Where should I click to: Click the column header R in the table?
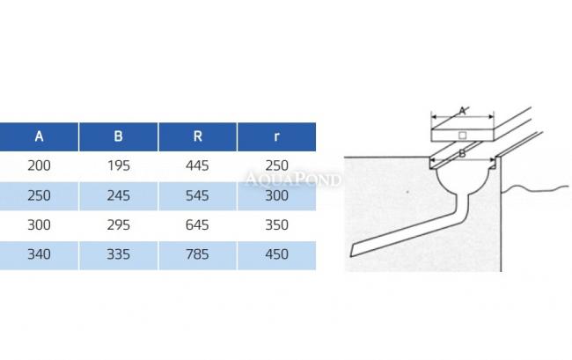[x=197, y=136]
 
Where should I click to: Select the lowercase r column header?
[x=276, y=136]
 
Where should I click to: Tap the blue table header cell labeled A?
[x=39, y=136]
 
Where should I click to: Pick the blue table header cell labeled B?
[x=118, y=136]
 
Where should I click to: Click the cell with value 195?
[x=119, y=166]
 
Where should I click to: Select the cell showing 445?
[x=197, y=166]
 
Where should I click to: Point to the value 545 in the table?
[x=197, y=196]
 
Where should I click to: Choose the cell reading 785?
[x=197, y=254]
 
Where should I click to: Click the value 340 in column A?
[x=39, y=254]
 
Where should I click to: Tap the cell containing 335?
[x=119, y=254]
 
